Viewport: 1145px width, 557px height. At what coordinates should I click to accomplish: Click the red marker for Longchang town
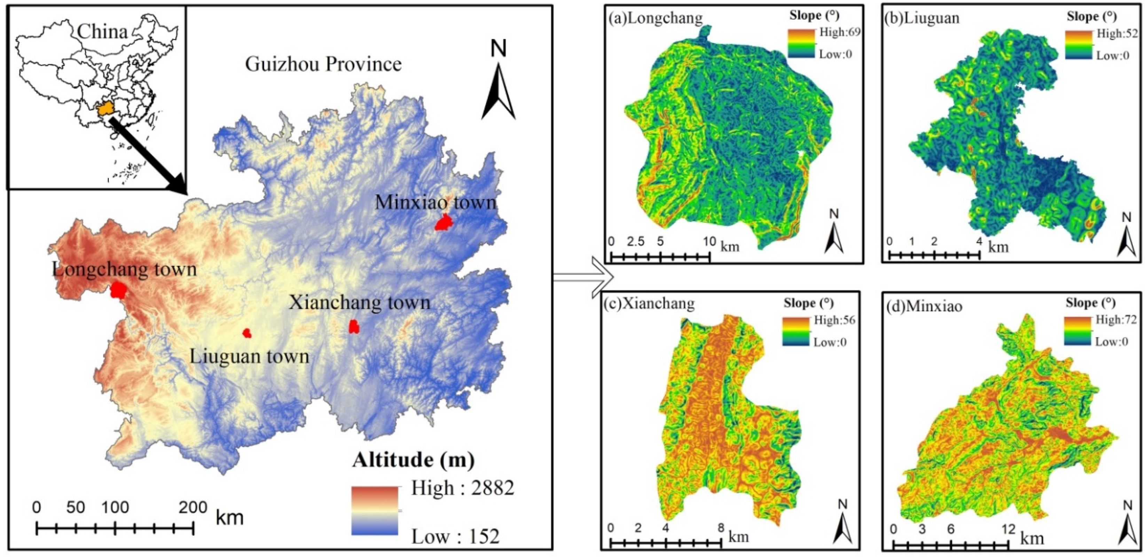[x=119, y=290]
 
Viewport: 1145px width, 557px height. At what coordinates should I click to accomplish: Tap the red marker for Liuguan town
[x=247, y=333]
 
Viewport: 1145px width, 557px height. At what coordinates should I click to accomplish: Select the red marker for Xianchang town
[x=354, y=327]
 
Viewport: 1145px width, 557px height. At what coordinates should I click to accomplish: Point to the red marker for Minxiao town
[x=443, y=222]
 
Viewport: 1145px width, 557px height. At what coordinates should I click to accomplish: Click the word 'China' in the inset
[x=102, y=32]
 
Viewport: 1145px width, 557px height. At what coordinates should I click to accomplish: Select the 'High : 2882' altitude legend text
[x=462, y=488]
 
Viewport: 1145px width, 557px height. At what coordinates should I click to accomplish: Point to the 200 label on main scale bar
[x=193, y=507]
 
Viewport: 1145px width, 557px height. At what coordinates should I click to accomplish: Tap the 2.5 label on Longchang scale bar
[x=636, y=242]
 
